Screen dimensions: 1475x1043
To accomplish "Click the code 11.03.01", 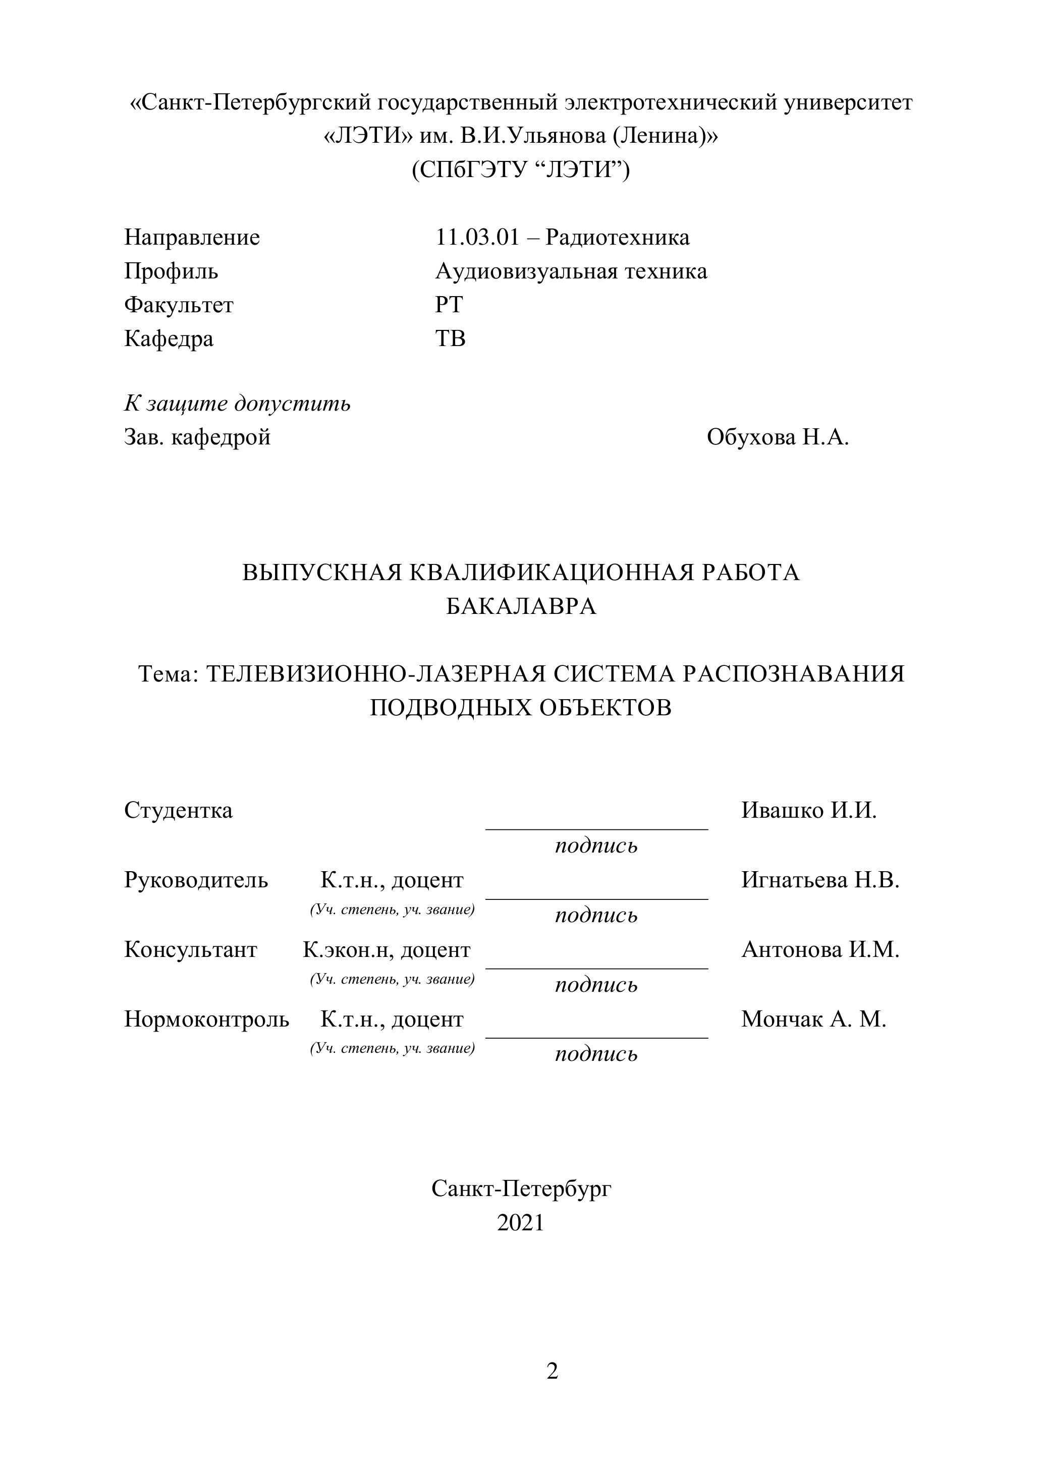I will [477, 238].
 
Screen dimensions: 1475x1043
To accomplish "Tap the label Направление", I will [192, 238].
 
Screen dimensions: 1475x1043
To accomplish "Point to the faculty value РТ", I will [449, 305].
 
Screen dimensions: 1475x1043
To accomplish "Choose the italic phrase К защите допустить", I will [237, 404].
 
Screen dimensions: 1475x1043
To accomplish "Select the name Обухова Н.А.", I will [778, 437].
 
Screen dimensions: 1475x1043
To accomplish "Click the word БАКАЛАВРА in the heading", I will [521, 606].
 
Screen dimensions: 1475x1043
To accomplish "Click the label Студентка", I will [178, 811].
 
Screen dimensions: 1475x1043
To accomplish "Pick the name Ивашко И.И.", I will [808, 811].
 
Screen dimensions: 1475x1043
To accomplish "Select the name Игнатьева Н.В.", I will [820, 880].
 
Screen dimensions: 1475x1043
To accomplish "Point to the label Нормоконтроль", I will [206, 1019].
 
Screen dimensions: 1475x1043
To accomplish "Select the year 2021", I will [521, 1223].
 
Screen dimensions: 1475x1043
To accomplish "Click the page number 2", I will [552, 1372].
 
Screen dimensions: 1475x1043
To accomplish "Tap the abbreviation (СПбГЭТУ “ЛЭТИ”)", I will [521, 170].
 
